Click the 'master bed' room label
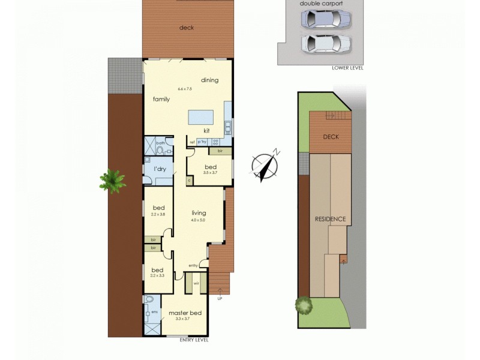tap(185, 313)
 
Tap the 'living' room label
tap(199, 213)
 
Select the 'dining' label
tap(209, 80)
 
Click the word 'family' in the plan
tap(161, 99)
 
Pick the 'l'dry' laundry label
tap(160, 169)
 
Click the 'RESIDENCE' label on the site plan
tap(331, 219)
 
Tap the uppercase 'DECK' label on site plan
tap(331, 137)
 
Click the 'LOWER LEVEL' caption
tap(347, 68)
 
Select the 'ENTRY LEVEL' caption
tap(194, 340)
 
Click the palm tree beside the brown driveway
tap(112, 180)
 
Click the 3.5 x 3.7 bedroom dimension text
tap(210, 173)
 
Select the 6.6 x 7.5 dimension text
tap(185, 89)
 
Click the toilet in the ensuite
tap(150, 299)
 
